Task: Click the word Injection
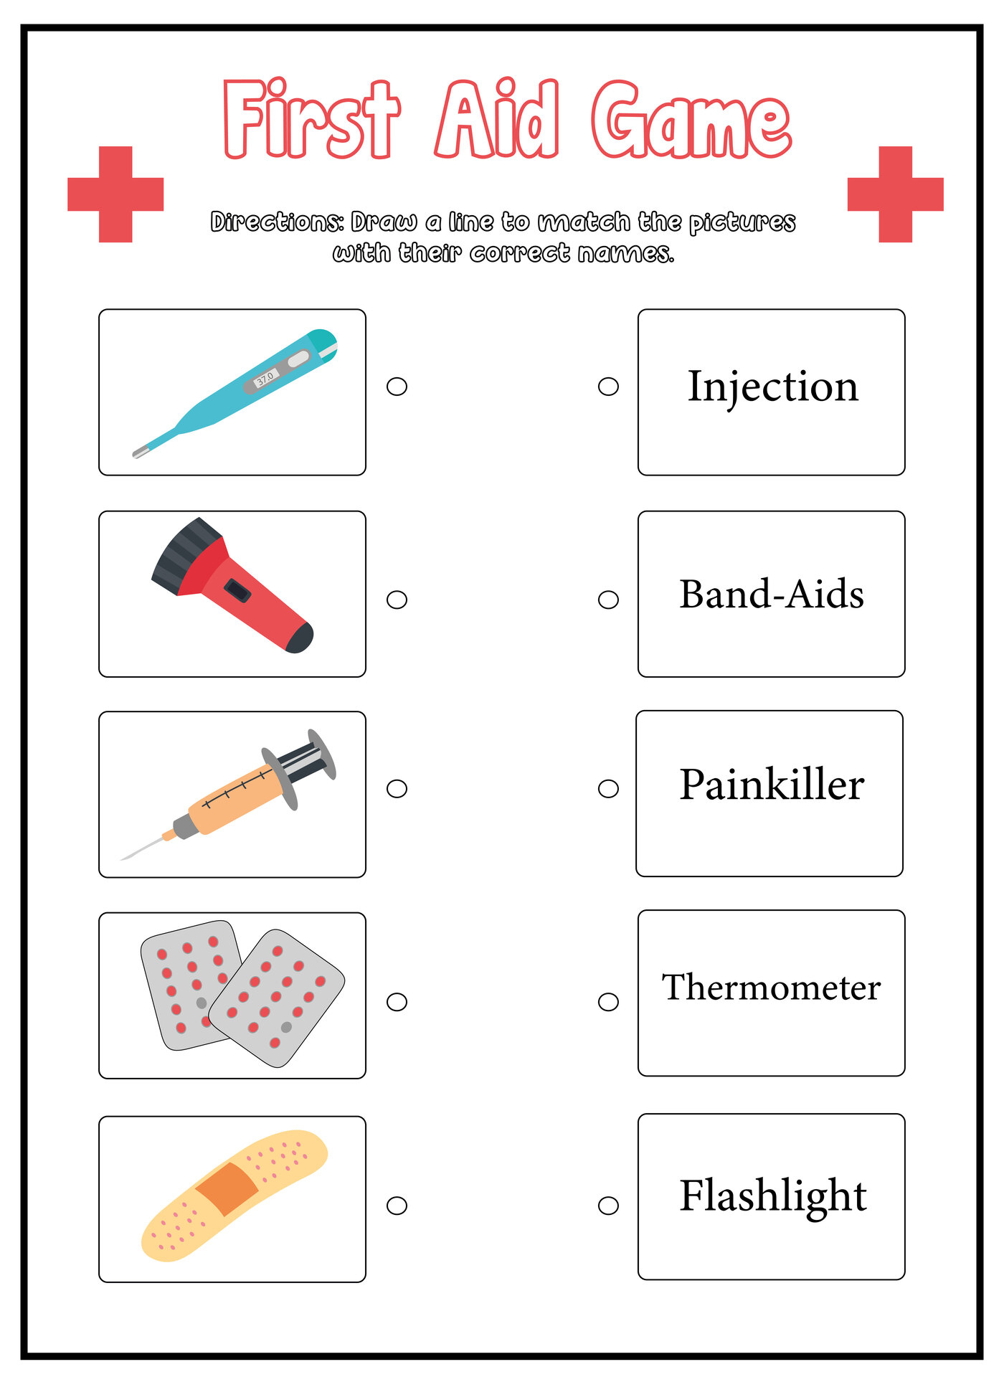tap(772, 387)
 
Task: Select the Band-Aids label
tap(772, 595)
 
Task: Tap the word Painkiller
tap(772, 785)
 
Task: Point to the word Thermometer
tap(771, 988)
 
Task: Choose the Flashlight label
tap(773, 1196)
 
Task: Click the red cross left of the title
tap(115, 194)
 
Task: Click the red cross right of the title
tap(895, 194)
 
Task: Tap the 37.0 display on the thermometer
tap(265, 377)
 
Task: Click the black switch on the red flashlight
tap(237, 591)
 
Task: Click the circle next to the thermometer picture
tap(397, 387)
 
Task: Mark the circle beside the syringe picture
tap(397, 789)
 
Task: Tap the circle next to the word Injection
tap(608, 387)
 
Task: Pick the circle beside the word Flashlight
tap(608, 1206)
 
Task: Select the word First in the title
tap(311, 120)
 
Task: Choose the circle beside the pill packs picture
tap(397, 1002)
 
